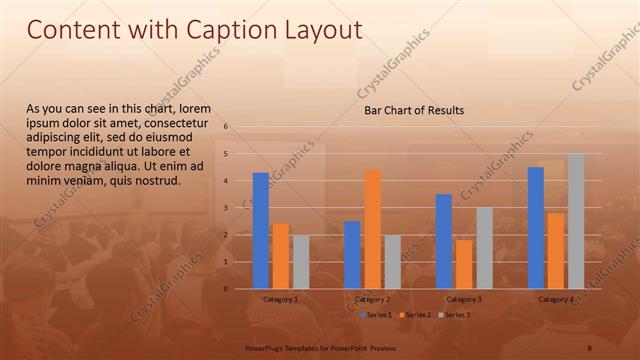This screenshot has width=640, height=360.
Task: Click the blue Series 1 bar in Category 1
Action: pos(260,231)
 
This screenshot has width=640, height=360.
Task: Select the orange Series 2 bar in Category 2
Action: pos(372,229)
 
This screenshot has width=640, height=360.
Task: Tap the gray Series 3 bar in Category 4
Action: pos(576,221)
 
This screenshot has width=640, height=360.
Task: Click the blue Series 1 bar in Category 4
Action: pos(535,228)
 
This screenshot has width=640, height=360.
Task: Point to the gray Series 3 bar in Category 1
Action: pos(301,262)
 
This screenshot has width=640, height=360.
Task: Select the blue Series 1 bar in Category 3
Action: pos(444,241)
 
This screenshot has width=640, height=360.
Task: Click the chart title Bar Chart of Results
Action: pos(413,110)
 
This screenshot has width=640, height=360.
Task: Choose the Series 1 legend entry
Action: pos(374,315)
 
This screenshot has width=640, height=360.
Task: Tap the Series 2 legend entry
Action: pos(414,315)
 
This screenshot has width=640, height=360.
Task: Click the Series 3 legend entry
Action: pos(453,315)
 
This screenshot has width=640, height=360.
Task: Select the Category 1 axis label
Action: pos(280,299)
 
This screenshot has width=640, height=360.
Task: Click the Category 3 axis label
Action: pos(464,299)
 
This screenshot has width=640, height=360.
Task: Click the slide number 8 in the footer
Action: pos(590,346)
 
